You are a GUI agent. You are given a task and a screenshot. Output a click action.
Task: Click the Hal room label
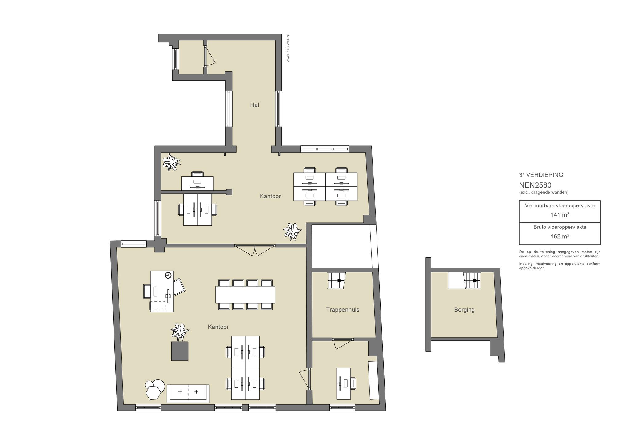[254, 105]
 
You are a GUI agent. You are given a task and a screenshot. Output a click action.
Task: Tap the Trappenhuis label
[342, 310]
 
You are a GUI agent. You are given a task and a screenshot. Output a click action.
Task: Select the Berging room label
[464, 310]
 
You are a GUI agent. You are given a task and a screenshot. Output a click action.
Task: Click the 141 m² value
[560, 215]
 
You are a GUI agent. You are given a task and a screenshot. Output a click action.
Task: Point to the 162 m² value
[560, 236]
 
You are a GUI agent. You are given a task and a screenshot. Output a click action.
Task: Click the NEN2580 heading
[535, 185]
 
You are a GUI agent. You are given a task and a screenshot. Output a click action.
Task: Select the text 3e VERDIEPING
[541, 175]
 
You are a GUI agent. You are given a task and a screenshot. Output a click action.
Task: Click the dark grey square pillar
[180, 351]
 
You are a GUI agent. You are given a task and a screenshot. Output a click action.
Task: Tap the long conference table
[245, 295]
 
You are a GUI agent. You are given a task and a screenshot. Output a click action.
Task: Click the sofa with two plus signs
[188, 393]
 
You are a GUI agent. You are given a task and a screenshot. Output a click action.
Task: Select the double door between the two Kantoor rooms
[255, 250]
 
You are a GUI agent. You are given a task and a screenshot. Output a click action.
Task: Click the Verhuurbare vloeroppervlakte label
[560, 205]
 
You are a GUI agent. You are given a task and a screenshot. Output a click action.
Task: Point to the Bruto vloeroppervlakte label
[560, 227]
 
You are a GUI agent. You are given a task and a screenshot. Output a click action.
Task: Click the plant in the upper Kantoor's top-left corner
[171, 162]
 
